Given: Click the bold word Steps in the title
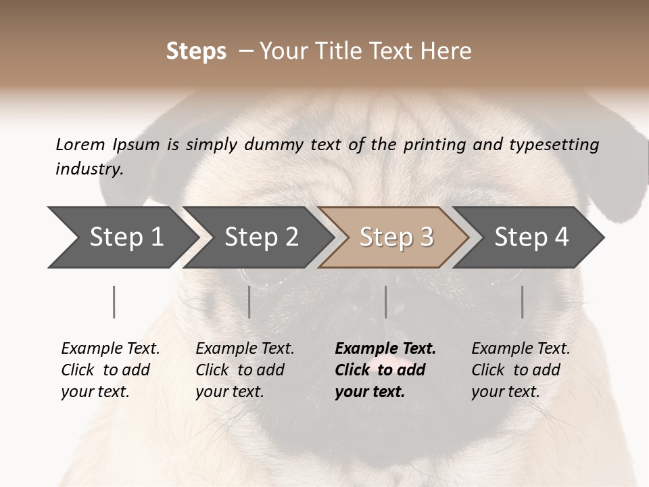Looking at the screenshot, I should tap(196, 51).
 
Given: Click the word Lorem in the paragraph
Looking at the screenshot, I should tap(80, 144).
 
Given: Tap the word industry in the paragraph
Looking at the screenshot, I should tap(89, 169).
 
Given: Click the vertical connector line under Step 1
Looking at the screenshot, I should tap(114, 302).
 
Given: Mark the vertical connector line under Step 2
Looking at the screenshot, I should tap(249, 302).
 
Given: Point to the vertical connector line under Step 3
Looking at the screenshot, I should tap(385, 302).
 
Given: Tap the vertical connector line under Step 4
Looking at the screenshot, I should tap(522, 302).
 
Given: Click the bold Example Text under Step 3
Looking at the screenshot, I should tap(385, 349).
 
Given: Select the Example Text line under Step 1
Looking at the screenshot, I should tap(110, 349).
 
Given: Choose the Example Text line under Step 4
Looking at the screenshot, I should tap(521, 349).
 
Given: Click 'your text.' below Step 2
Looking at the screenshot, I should tap(229, 392).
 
